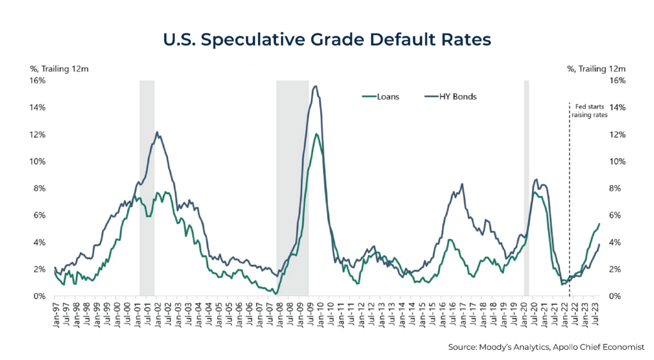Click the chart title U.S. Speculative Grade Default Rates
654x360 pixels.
(x=326, y=40)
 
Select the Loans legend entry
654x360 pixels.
(x=381, y=97)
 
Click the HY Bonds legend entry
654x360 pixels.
(x=450, y=97)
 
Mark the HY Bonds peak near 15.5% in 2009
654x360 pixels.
(x=315, y=86)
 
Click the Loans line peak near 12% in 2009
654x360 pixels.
(x=316, y=134)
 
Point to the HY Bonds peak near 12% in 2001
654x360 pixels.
(x=158, y=132)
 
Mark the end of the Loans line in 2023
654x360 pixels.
(x=599, y=224)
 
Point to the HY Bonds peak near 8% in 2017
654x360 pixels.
(x=462, y=184)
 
